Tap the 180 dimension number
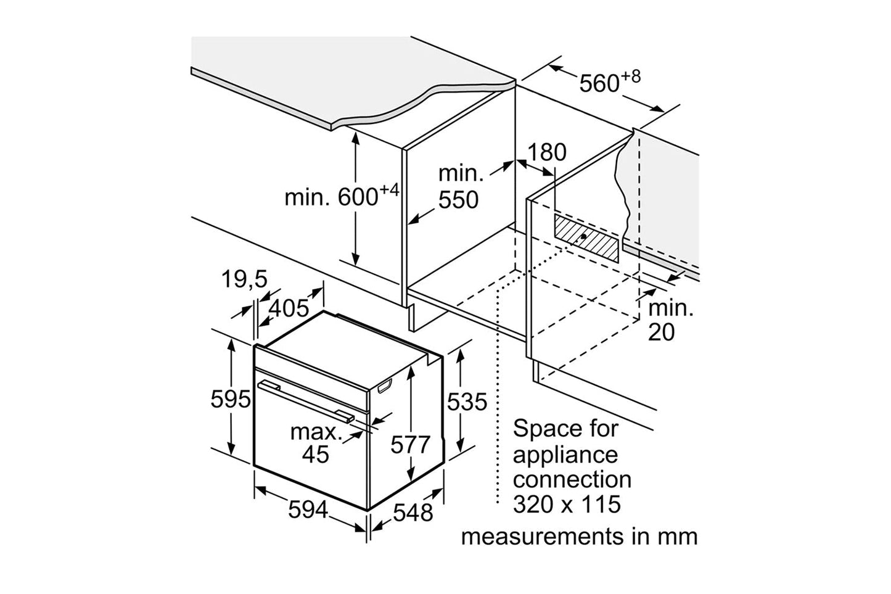(x=546, y=152)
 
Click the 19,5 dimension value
(x=244, y=280)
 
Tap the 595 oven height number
(x=230, y=400)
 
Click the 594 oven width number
(x=308, y=510)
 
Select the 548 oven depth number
(x=413, y=513)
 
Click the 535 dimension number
(x=467, y=402)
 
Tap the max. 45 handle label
(x=316, y=443)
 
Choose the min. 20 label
(x=670, y=320)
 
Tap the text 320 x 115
(x=567, y=505)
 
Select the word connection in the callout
(x=572, y=479)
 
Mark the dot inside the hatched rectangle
(x=583, y=236)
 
